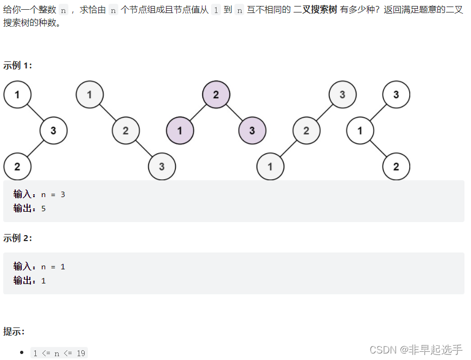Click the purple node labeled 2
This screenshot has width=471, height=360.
pos(216,94)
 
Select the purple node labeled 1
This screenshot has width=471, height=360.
pos(180,131)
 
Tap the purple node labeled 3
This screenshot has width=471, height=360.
pos(252,131)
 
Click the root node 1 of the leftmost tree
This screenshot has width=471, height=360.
pos(17,94)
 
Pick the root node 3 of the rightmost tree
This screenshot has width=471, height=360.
pos(396,94)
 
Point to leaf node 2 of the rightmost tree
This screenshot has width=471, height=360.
pos(396,166)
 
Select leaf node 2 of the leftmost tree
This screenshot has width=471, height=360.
pos(17,166)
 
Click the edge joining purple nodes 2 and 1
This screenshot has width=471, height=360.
pos(198,112)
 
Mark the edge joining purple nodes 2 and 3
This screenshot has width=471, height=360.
pos(234,112)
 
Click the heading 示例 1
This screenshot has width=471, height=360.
pos(17,66)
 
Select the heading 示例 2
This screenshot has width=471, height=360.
pos(17,238)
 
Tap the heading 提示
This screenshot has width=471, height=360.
pos(14,331)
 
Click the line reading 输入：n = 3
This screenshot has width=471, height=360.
pos(39,194)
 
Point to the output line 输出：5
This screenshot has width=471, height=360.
pos(29,208)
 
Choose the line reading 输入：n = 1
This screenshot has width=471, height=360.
pos(39,267)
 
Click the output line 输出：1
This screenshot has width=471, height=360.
pos(29,280)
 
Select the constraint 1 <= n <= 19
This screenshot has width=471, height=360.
pos(59,353)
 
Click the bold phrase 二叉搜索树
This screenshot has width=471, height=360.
pos(315,11)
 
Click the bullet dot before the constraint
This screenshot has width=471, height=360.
pos(22,353)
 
